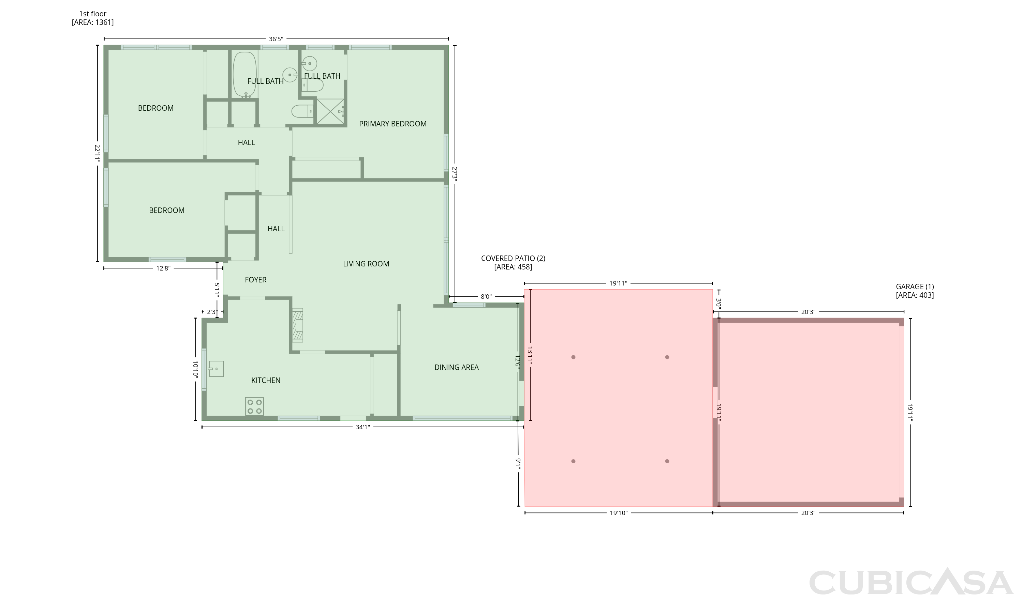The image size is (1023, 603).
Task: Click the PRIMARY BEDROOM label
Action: click(393, 124)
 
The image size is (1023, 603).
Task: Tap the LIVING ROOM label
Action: click(366, 264)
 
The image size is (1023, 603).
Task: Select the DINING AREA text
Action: click(457, 368)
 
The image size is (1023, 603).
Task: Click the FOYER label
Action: click(256, 280)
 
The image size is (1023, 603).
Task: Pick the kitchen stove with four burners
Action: click(254, 406)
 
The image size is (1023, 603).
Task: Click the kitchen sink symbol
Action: click(216, 369)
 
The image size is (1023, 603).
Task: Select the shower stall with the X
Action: click(330, 111)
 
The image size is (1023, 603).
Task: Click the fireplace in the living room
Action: click(298, 325)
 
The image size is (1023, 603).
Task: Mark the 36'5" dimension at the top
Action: click(276, 40)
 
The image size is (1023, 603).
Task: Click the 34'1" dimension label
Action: click(363, 427)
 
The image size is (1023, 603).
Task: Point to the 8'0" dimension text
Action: click(486, 297)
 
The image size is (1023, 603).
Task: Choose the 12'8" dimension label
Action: click(163, 268)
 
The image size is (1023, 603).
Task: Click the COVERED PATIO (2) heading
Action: click(513, 259)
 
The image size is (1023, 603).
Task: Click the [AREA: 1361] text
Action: click(93, 22)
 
